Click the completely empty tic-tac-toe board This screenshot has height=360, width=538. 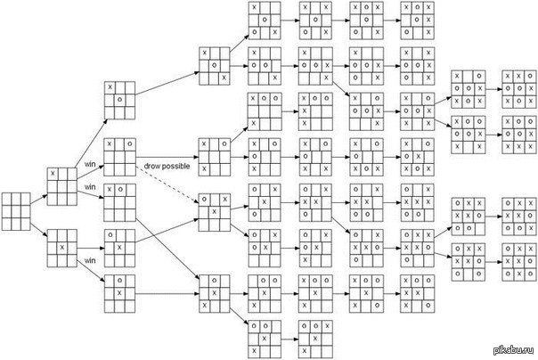17,212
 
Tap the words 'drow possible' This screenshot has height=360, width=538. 163,168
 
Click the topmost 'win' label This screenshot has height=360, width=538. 90,164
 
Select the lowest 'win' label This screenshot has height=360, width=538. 90,260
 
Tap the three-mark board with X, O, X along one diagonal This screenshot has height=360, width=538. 213,66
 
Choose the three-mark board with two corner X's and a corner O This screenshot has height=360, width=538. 213,156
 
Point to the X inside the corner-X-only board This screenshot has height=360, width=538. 53,173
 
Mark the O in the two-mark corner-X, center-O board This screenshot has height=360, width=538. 119,98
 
